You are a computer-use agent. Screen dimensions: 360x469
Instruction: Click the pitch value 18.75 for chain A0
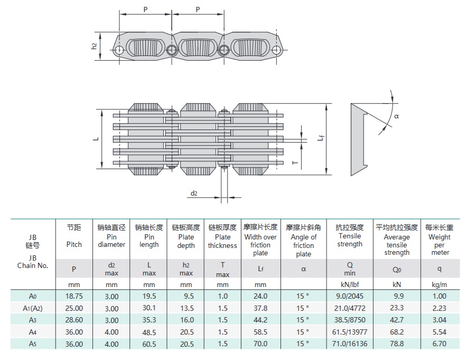pyautogui.click(x=74, y=297)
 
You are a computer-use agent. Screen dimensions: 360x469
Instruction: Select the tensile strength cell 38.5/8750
pyautogui.click(x=350, y=320)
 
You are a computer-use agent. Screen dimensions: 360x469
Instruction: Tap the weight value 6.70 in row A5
pyautogui.click(x=439, y=344)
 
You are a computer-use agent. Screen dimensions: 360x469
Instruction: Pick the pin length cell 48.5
pyautogui.click(x=149, y=332)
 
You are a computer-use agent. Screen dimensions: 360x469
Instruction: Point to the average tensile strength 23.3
pyautogui.click(x=396, y=308)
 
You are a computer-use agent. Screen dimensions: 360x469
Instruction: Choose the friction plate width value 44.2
pyautogui.click(x=260, y=320)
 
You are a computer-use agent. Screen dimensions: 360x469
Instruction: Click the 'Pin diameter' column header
pyautogui.click(x=111, y=241)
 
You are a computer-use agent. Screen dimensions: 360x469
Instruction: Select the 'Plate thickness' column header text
pyautogui.click(x=222, y=241)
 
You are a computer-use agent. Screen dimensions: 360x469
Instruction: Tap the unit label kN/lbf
pyautogui.click(x=350, y=284)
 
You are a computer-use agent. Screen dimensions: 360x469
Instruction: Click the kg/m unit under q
pyautogui.click(x=439, y=284)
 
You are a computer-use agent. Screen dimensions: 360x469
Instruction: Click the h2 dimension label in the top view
pyautogui.click(x=95, y=47)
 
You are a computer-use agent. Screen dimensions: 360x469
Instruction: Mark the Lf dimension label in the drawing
pyautogui.click(x=321, y=139)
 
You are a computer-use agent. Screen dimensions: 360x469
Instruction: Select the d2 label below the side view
pyautogui.click(x=194, y=193)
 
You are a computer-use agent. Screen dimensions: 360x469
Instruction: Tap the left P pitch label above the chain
pyautogui.click(x=145, y=10)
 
